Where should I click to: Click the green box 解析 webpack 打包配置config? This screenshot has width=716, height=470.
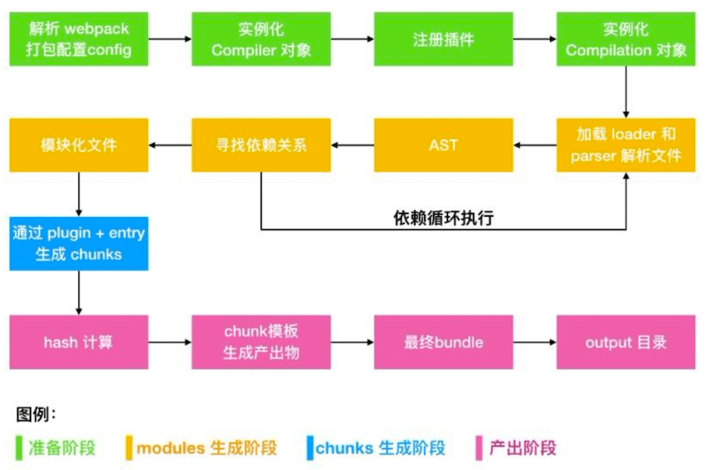pyautogui.click(x=78, y=39)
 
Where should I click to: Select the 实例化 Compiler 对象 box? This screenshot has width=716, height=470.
pyautogui.click(x=261, y=39)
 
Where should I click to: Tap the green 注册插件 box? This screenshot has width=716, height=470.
pyautogui.click(x=443, y=39)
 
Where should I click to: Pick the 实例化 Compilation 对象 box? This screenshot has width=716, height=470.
pyautogui.click(x=625, y=39)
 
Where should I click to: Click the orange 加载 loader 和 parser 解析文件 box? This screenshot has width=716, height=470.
pyautogui.click(x=625, y=144)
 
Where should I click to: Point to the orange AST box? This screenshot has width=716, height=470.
pyautogui.click(x=443, y=144)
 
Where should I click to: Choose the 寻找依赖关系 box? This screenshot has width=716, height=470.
pyautogui.click(x=261, y=144)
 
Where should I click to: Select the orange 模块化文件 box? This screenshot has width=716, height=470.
pyautogui.click(x=78, y=144)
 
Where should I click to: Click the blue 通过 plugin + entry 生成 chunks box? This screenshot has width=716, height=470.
pyautogui.click(x=78, y=243)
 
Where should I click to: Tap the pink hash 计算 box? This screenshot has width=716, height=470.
pyautogui.click(x=78, y=342)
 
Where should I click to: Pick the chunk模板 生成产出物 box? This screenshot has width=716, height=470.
pyautogui.click(x=261, y=342)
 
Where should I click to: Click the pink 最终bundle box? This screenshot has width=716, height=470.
pyautogui.click(x=443, y=342)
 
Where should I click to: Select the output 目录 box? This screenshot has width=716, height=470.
pyautogui.click(x=625, y=342)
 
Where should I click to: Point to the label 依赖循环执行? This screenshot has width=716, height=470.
pyautogui.click(x=443, y=218)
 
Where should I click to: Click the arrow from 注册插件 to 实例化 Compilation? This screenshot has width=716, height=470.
pyautogui.click(x=535, y=39)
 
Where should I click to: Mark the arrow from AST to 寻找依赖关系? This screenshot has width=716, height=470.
pyautogui.click(x=352, y=145)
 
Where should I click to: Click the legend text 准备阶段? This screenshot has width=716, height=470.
pyautogui.click(x=62, y=448)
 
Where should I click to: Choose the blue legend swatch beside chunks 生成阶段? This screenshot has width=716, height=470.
pyautogui.click(x=310, y=448)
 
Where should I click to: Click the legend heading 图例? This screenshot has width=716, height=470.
pyautogui.click(x=35, y=415)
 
